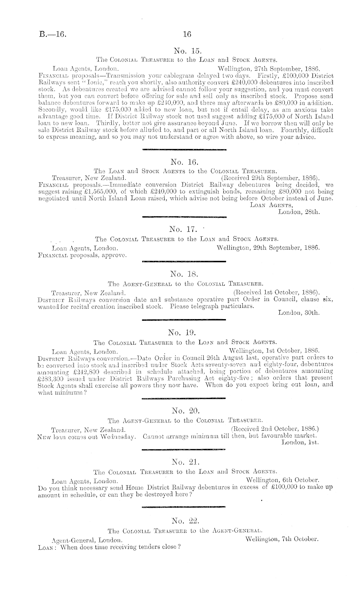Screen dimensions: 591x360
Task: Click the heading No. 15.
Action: pyautogui.click(x=187, y=50)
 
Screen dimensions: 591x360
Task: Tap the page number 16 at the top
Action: pyautogui.click(x=187, y=34)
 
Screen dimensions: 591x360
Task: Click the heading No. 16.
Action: pyautogui.click(x=184, y=162)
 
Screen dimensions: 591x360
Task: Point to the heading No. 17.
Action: pyautogui.click(x=183, y=230)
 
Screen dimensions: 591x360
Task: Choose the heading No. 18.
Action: pyautogui.click(x=183, y=274)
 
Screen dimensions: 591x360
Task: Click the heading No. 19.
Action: pyautogui.click(x=182, y=332)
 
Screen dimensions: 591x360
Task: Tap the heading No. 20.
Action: pyautogui.click(x=186, y=411)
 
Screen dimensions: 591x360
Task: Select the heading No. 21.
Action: pyautogui.click(x=185, y=462)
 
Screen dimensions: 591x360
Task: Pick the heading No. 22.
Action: pyautogui.click(x=185, y=521)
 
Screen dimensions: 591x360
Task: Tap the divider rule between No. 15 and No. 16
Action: pyautogui.click(x=184, y=149)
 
